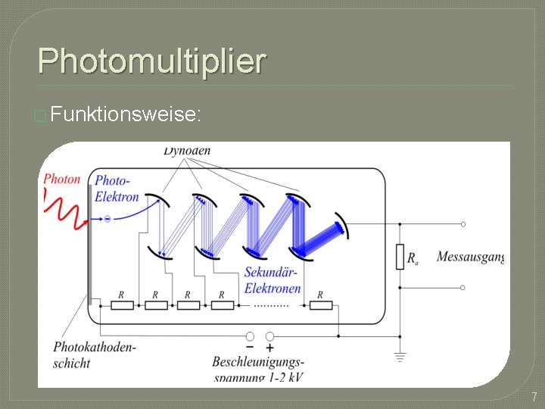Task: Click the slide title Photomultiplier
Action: tap(151, 61)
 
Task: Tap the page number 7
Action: tap(534, 396)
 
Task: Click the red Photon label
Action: tap(62, 180)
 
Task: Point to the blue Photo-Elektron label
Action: tap(116, 189)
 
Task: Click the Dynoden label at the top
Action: tap(187, 151)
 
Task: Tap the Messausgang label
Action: tap(469, 258)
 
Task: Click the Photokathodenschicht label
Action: tap(94, 355)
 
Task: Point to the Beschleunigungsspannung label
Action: tap(258, 369)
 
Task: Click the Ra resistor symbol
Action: tap(400, 257)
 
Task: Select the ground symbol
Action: tap(400, 356)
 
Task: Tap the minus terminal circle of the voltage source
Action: tap(251, 336)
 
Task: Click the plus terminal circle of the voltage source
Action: tap(270, 336)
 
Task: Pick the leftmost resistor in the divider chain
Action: tap(122, 305)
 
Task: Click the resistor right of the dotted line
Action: tap(321, 305)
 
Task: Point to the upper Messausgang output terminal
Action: tap(463, 224)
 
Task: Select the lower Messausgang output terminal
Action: tap(463, 288)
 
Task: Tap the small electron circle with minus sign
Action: tap(107, 219)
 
